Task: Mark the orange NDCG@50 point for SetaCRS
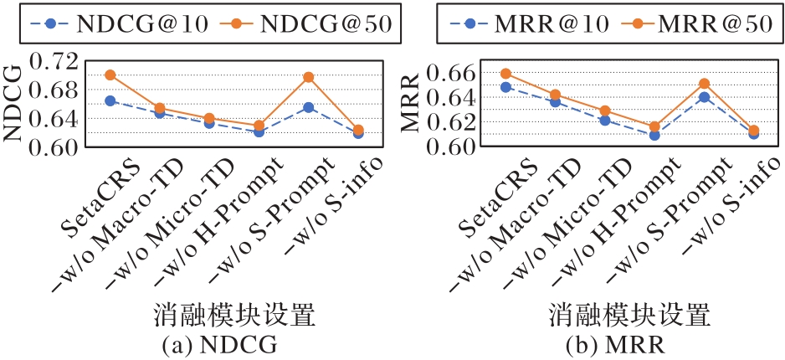(x=110, y=75)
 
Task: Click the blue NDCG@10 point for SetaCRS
(x=110, y=100)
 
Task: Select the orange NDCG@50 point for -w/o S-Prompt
(x=309, y=77)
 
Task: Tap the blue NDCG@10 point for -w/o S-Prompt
(x=309, y=107)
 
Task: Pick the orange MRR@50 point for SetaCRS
(x=505, y=74)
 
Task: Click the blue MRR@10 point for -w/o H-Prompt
(x=654, y=135)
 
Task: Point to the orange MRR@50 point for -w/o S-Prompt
(x=705, y=83)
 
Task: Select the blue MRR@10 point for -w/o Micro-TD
(x=605, y=121)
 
